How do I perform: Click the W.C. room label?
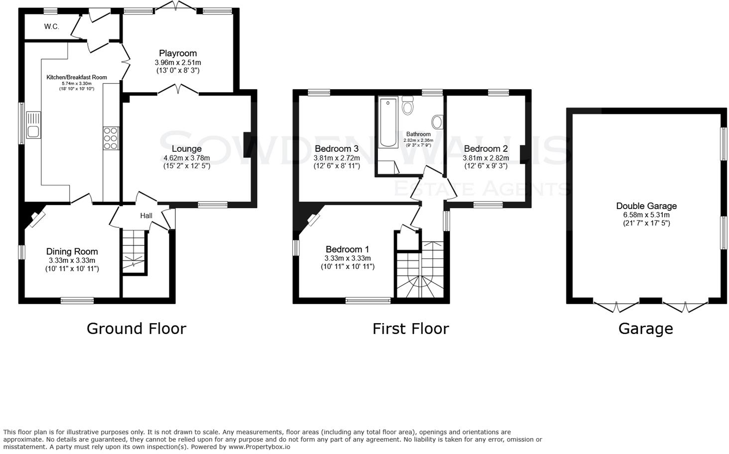click(51, 27)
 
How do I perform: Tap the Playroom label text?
click(178, 53)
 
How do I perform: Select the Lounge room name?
click(187, 149)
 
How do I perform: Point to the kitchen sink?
click(34, 131)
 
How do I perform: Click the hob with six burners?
click(111, 139)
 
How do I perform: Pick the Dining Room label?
click(72, 252)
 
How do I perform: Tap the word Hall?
click(146, 216)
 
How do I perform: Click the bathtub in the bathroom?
click(388, 123)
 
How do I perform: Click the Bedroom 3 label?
click(337, 149)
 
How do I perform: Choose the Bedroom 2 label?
click(486, 149)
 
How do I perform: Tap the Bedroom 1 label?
click(348, 249)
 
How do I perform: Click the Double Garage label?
click(646, 206)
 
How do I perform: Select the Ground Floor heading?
click(136, 329)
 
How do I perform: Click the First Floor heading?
click(411, 329)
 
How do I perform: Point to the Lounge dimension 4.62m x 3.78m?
click(187, 158)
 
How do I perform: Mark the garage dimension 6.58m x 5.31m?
click(646, 215)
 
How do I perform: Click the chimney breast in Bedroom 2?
click(523, 154)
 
